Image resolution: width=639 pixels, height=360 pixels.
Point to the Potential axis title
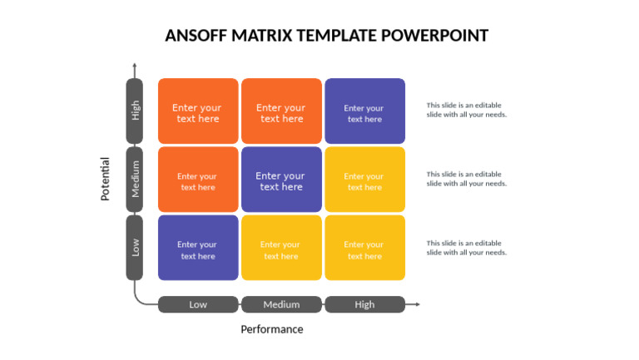[x=106, y=179]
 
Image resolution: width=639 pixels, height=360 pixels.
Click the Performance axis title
[x=272, y=329]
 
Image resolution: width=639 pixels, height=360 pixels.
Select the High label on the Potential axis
[x=135, y=111]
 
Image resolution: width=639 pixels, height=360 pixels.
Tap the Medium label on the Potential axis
[x=135, y=180]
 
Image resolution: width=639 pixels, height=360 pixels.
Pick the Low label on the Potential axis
[x=135, y=248]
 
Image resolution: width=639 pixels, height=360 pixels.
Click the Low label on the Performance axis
[x=198, y=304]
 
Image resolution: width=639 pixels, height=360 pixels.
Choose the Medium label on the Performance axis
[x=281, y=304]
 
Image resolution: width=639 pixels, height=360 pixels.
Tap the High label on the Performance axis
[x=364, y=304]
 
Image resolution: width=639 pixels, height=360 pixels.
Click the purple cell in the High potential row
[x=364, y=111]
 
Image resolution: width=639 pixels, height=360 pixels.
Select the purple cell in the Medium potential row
[x=281, y=180]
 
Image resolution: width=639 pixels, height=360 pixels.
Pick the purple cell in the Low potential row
[x=198, y=248]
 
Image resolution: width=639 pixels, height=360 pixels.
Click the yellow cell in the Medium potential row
[x=364, y=180]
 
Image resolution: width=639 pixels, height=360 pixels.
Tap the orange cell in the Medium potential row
[x=198, y=180]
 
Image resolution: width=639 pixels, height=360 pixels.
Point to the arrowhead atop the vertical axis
[x=135, y=65]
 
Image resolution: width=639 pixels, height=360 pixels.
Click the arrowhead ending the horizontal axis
[x=417, y=304]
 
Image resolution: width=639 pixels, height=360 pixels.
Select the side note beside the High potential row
[x=466, y=110]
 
